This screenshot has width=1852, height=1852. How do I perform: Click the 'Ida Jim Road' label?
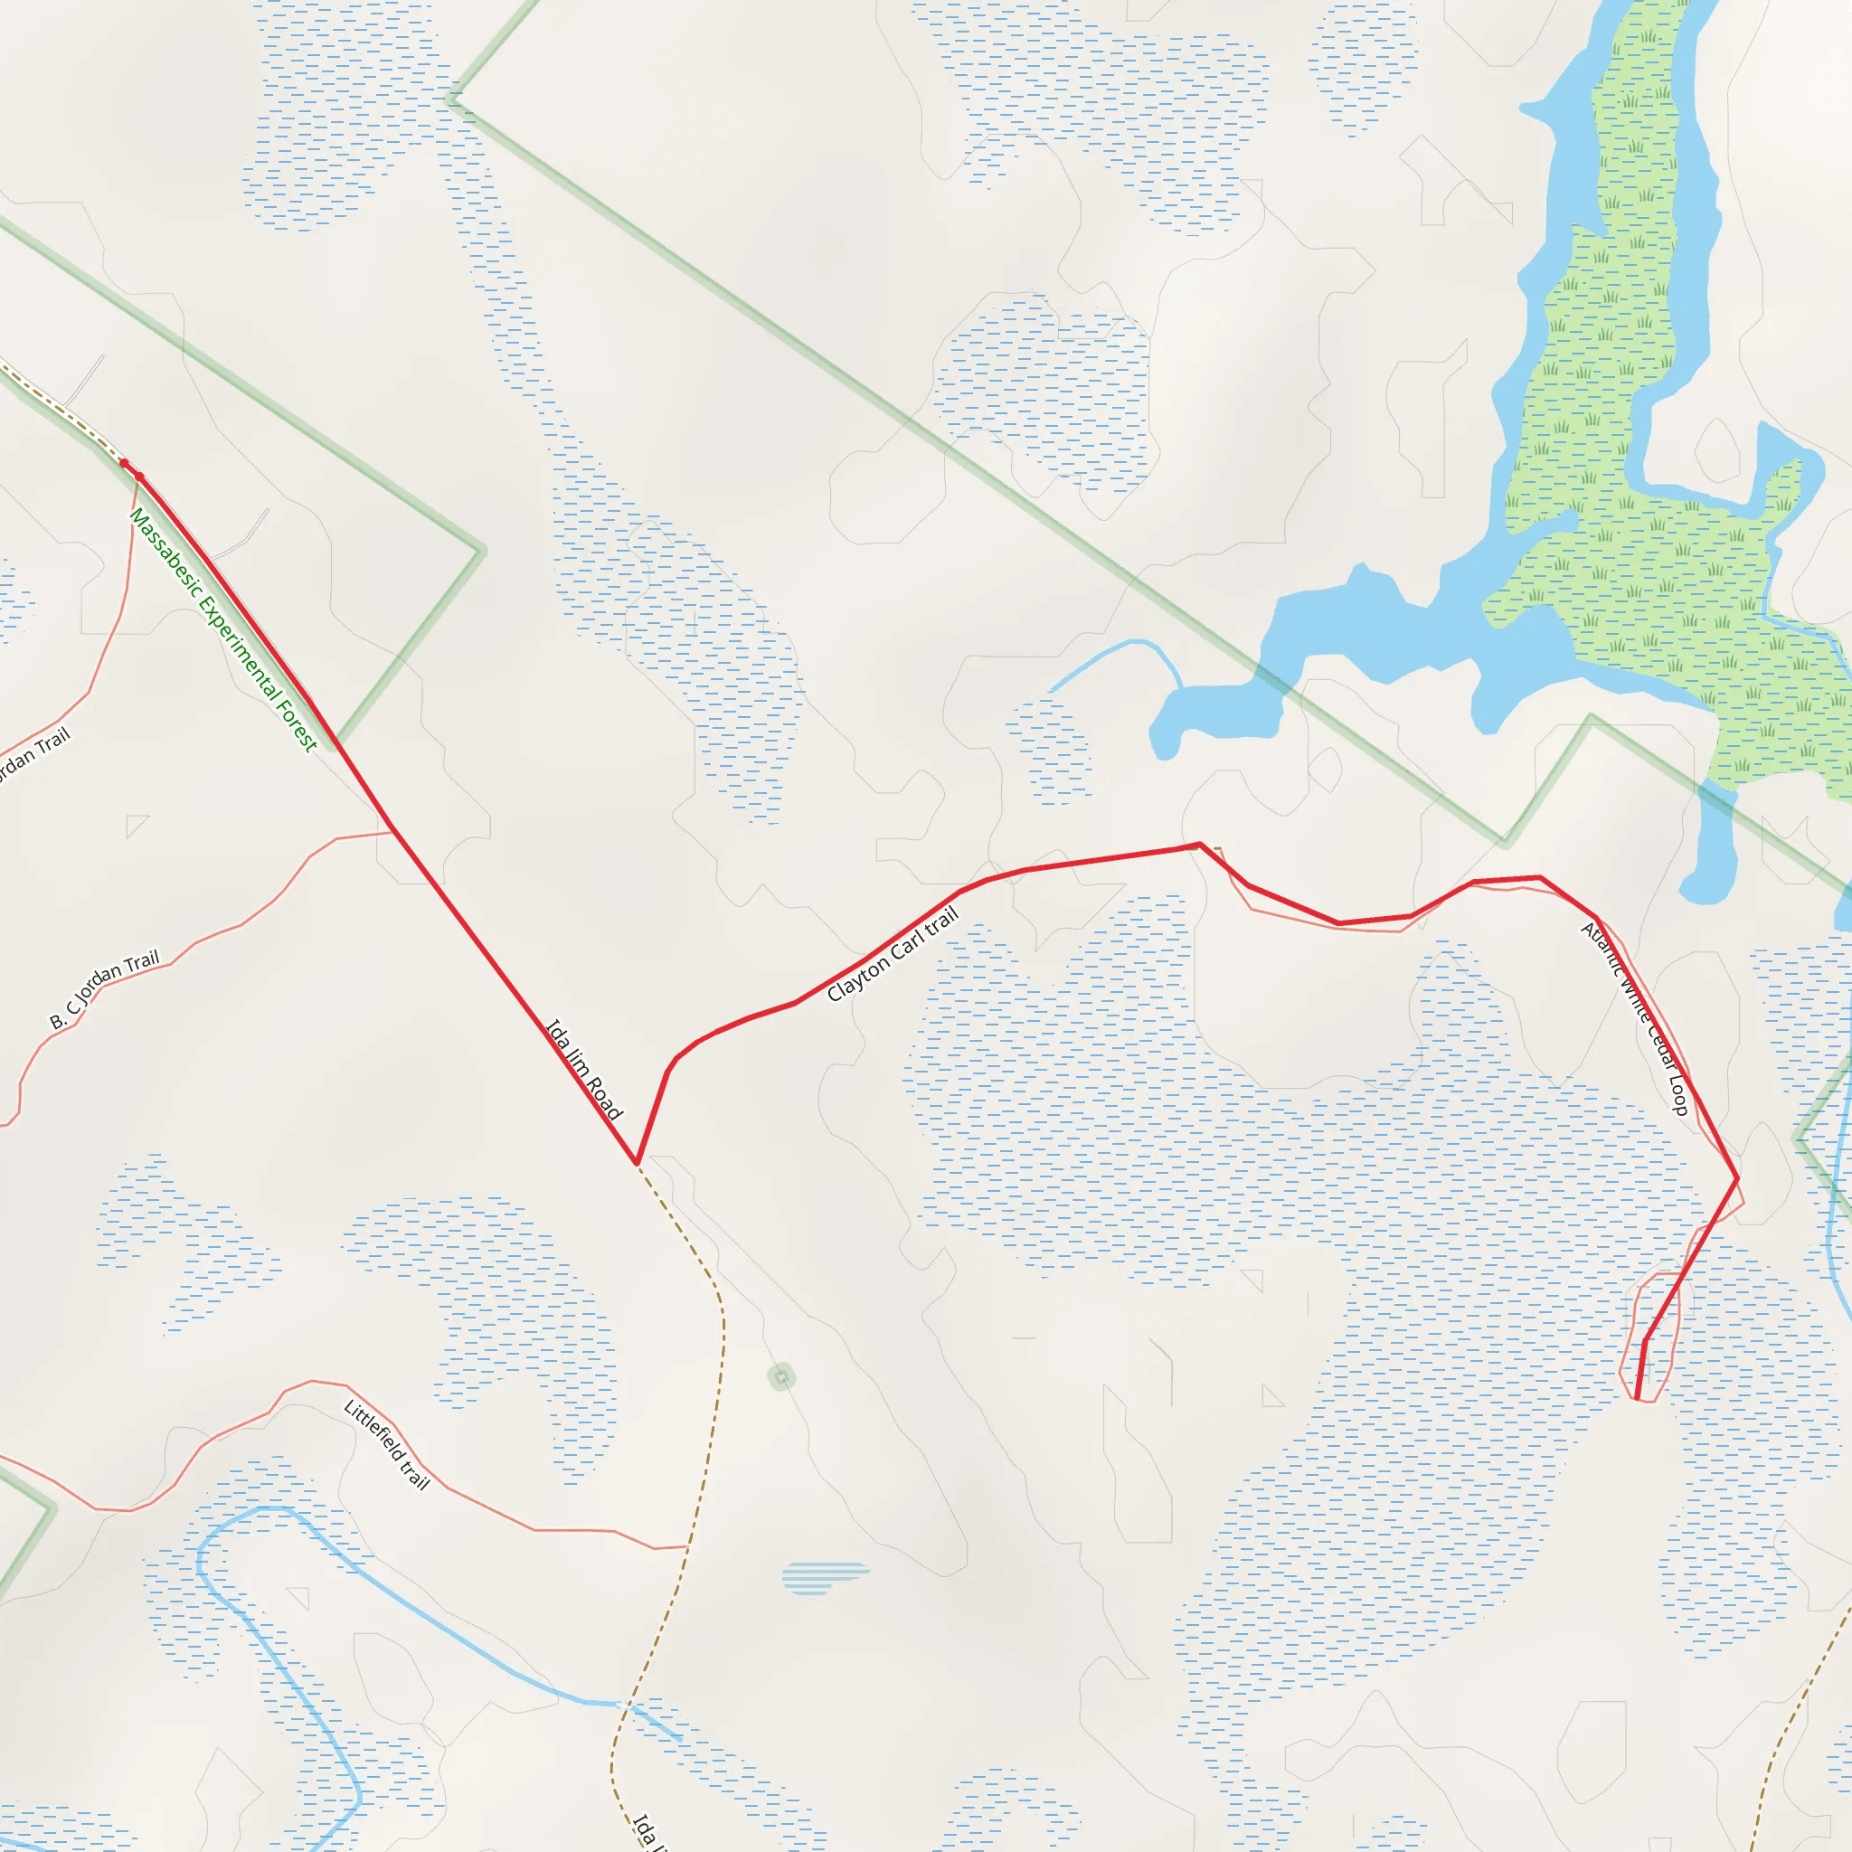[x=584, y=1069]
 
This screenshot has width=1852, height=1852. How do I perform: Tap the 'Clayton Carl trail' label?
[x=893, y=955]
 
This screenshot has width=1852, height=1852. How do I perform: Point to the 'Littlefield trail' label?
[x=386, y=1444]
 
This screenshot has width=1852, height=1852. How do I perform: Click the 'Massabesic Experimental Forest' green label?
[x=222, y=629]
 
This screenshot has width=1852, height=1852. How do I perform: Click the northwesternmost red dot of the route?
[x=124, y=464]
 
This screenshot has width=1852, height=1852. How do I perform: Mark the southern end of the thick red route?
[x=1636, y=1396]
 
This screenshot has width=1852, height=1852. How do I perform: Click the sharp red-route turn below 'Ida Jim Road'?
[x=637, y=1163]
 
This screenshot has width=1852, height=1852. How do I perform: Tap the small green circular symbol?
[x=781, y=1377]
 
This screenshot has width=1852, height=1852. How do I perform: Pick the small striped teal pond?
[x=825, y=1577]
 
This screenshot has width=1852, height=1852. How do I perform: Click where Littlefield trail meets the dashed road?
[x=686, y=1546]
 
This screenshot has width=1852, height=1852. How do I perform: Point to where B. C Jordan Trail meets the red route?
[x=391, y=831]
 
